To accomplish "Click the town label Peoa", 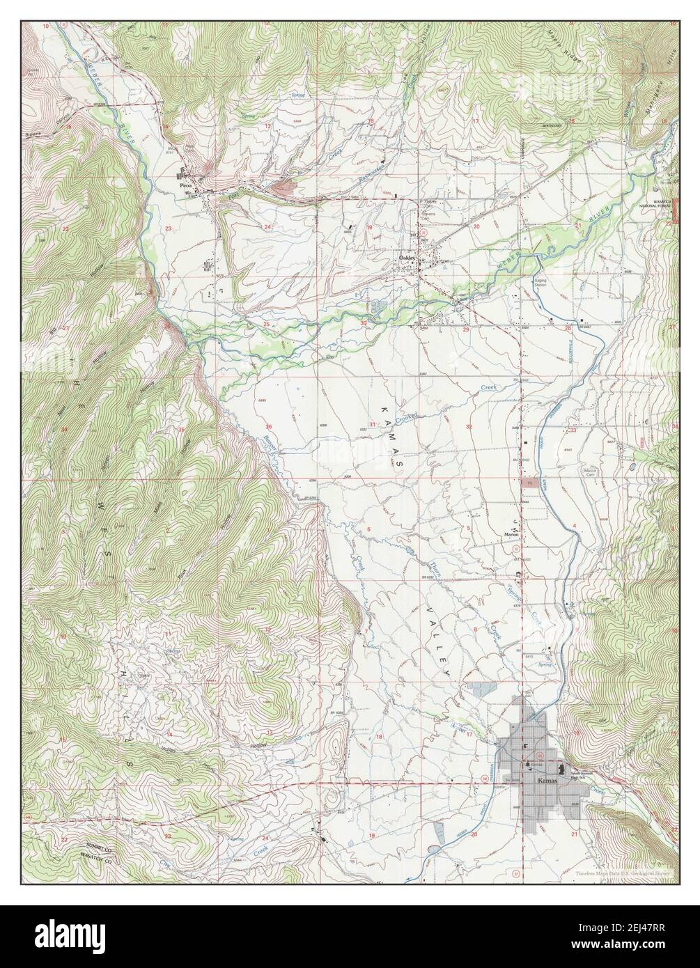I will point(185,187).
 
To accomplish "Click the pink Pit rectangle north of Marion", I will point(527,481).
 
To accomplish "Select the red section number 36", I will point(269,426).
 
